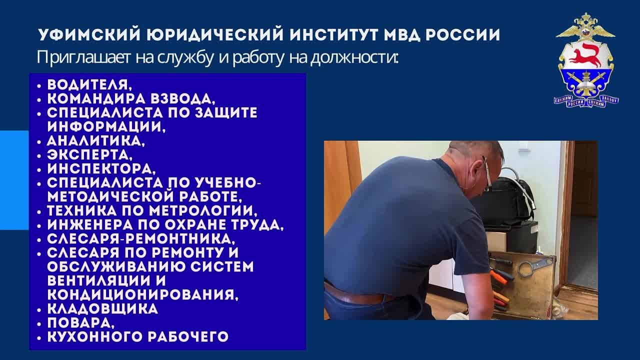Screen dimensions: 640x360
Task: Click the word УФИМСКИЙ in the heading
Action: point(89,34)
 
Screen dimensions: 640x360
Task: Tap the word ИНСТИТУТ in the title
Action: point(333,34)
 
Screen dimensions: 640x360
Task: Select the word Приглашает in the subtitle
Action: point(83,57)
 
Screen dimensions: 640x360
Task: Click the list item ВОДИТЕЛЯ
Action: point(89,85)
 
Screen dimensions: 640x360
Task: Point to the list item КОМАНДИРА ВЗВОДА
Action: point(131,99)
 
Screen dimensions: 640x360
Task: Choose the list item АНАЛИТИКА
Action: point(96,141)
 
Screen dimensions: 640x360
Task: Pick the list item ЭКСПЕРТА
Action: point(90,155)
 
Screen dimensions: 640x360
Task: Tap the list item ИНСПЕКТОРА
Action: point(101,169)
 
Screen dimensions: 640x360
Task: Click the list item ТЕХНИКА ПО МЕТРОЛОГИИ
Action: point(152,211)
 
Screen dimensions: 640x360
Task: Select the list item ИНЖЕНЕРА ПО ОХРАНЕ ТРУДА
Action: point(165,225)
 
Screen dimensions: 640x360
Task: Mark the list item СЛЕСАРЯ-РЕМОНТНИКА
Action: point(141,239)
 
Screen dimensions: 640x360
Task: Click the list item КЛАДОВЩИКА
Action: point(102,309)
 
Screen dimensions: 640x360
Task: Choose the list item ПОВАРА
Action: point(81,323)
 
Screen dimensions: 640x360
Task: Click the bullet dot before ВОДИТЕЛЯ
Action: point(39,85)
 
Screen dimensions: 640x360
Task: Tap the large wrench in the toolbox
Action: point(533,266)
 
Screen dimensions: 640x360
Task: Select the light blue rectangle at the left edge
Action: point(14,180)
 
